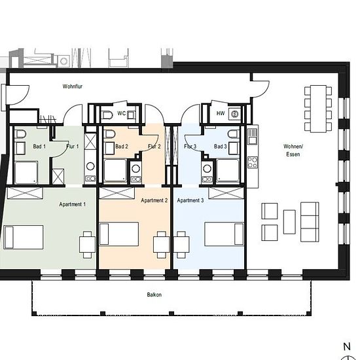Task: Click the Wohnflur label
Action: [x=72, y=86]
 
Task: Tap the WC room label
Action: [x=122, y=113]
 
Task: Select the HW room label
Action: [x=221, y=113]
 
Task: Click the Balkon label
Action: [x=154, y=295]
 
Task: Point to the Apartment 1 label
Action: [x=72, y=204]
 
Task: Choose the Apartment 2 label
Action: [x=154, y=200]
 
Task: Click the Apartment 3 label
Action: [x=190, y=200]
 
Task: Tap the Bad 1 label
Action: [x=39, y=146]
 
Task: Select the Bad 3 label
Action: [x=220, y=146]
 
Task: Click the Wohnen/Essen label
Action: [x=293, y=150]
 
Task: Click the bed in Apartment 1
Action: [x=24, y=237]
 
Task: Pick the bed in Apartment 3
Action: [x=224, y=234]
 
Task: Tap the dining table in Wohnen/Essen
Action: [x=318, y=109]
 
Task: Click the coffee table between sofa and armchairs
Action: [x=289, y=222]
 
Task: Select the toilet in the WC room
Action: [x=107, y=115]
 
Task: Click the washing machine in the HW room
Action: [x=234, y=114]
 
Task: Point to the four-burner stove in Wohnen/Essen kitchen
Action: [x=252, y=162]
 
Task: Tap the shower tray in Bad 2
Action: [x=115, y=170]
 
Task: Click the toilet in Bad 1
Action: [x=21, y=134]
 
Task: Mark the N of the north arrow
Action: [x=347, y=346]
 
